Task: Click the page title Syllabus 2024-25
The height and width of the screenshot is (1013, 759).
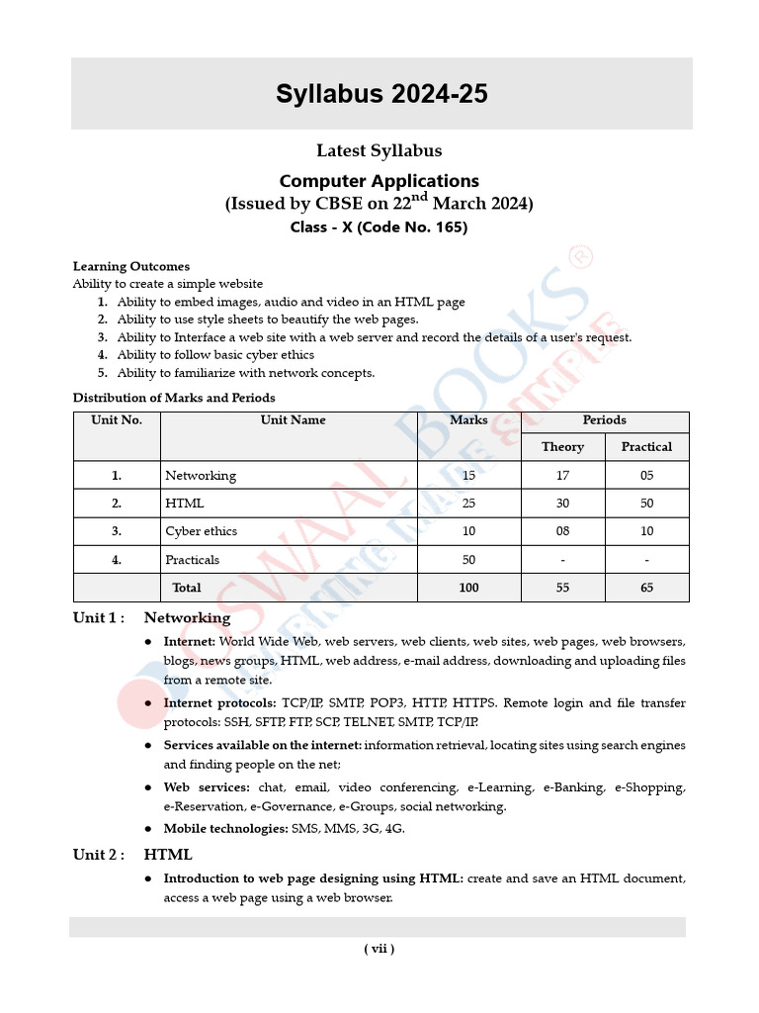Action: (x=380, y=94)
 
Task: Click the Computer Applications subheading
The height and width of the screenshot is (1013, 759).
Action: (x=379, y=181)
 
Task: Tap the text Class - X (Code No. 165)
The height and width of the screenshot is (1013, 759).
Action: (x=379, y=228)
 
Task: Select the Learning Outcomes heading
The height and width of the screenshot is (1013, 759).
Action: (x=131, y=266)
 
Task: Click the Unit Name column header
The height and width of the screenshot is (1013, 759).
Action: (x=293, y=420)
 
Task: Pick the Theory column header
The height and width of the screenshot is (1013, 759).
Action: (x=562, y=447)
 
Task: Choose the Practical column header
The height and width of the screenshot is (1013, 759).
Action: (x=646, y=447)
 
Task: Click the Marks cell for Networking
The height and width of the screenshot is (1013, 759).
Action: (x=468, y=476)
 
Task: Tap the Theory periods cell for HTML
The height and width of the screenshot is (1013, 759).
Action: (x=562, y=504)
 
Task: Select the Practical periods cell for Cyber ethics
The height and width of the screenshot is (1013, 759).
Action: (x=646, y=531)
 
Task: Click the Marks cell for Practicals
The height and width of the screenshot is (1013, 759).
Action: (x=468, y=560)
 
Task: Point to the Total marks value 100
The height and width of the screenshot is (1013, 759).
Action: (x=468, y=588)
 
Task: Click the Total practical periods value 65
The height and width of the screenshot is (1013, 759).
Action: (x=646, y=588)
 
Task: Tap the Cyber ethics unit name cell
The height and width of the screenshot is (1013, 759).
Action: (x=202, y=531)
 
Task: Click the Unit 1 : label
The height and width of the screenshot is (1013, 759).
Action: (x=99, y=618)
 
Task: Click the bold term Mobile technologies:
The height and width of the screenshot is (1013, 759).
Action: (x=225, y=829)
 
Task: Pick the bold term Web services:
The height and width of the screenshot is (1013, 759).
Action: (x=207, y=788)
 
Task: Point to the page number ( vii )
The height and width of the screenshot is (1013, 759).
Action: (x=379, y=949)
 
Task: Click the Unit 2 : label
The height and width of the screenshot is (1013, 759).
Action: (x=99, y=855)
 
